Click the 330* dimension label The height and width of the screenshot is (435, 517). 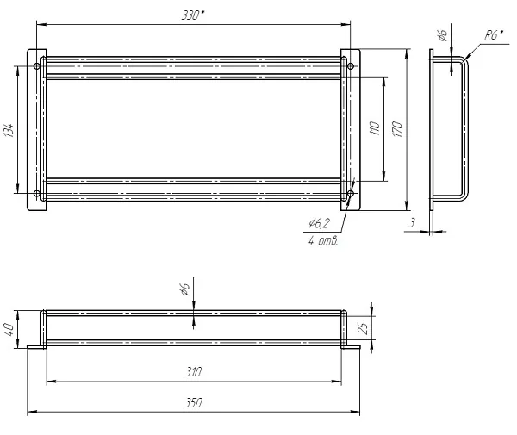[193, 16]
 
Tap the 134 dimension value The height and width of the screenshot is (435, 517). [9, 131]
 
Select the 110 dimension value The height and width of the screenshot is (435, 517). [375, 128]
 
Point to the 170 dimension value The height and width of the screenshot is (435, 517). [397, 129]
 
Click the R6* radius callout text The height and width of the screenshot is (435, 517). [494, 35]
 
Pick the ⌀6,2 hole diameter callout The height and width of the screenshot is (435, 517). [319, 223]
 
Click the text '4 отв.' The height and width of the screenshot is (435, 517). [323, 241]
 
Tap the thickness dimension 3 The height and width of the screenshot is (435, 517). [412, 223]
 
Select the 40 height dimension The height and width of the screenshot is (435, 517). [9, 330]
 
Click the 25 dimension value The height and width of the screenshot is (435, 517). [363, 328]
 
